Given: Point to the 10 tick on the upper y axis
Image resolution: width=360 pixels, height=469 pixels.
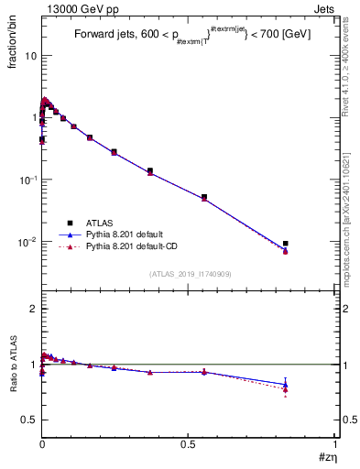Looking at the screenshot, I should tap(29, 56).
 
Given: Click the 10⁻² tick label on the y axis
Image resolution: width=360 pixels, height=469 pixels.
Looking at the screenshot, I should tap(26, 242).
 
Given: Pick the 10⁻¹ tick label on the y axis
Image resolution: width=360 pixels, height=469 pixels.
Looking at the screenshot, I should tap(26, 180).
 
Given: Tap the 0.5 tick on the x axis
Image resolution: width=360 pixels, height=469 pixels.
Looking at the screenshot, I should tap(189, 444).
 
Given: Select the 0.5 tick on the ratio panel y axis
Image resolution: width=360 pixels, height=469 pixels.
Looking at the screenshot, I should tap(27, 420).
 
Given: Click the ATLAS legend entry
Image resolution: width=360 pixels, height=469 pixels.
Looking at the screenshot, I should tap(98, 223).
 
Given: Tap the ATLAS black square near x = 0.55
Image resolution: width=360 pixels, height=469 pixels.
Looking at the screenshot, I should tap(204, 197).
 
